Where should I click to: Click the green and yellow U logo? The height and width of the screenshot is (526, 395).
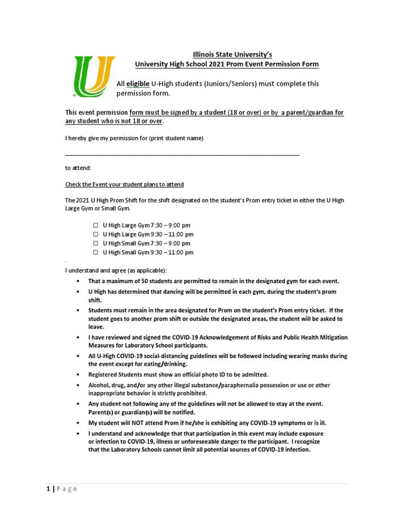(93, 77)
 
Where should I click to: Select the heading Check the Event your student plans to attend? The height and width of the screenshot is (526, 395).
(124, 184)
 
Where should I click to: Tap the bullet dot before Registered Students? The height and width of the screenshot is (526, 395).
(77, 375)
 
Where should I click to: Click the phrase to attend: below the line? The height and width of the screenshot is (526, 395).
(77, 168)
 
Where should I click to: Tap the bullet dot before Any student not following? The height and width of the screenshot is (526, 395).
(77, 404)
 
